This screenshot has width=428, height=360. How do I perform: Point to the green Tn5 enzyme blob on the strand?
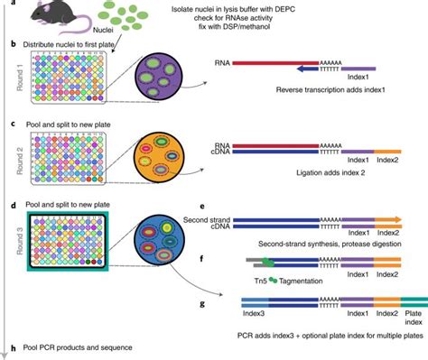point(267,263)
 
